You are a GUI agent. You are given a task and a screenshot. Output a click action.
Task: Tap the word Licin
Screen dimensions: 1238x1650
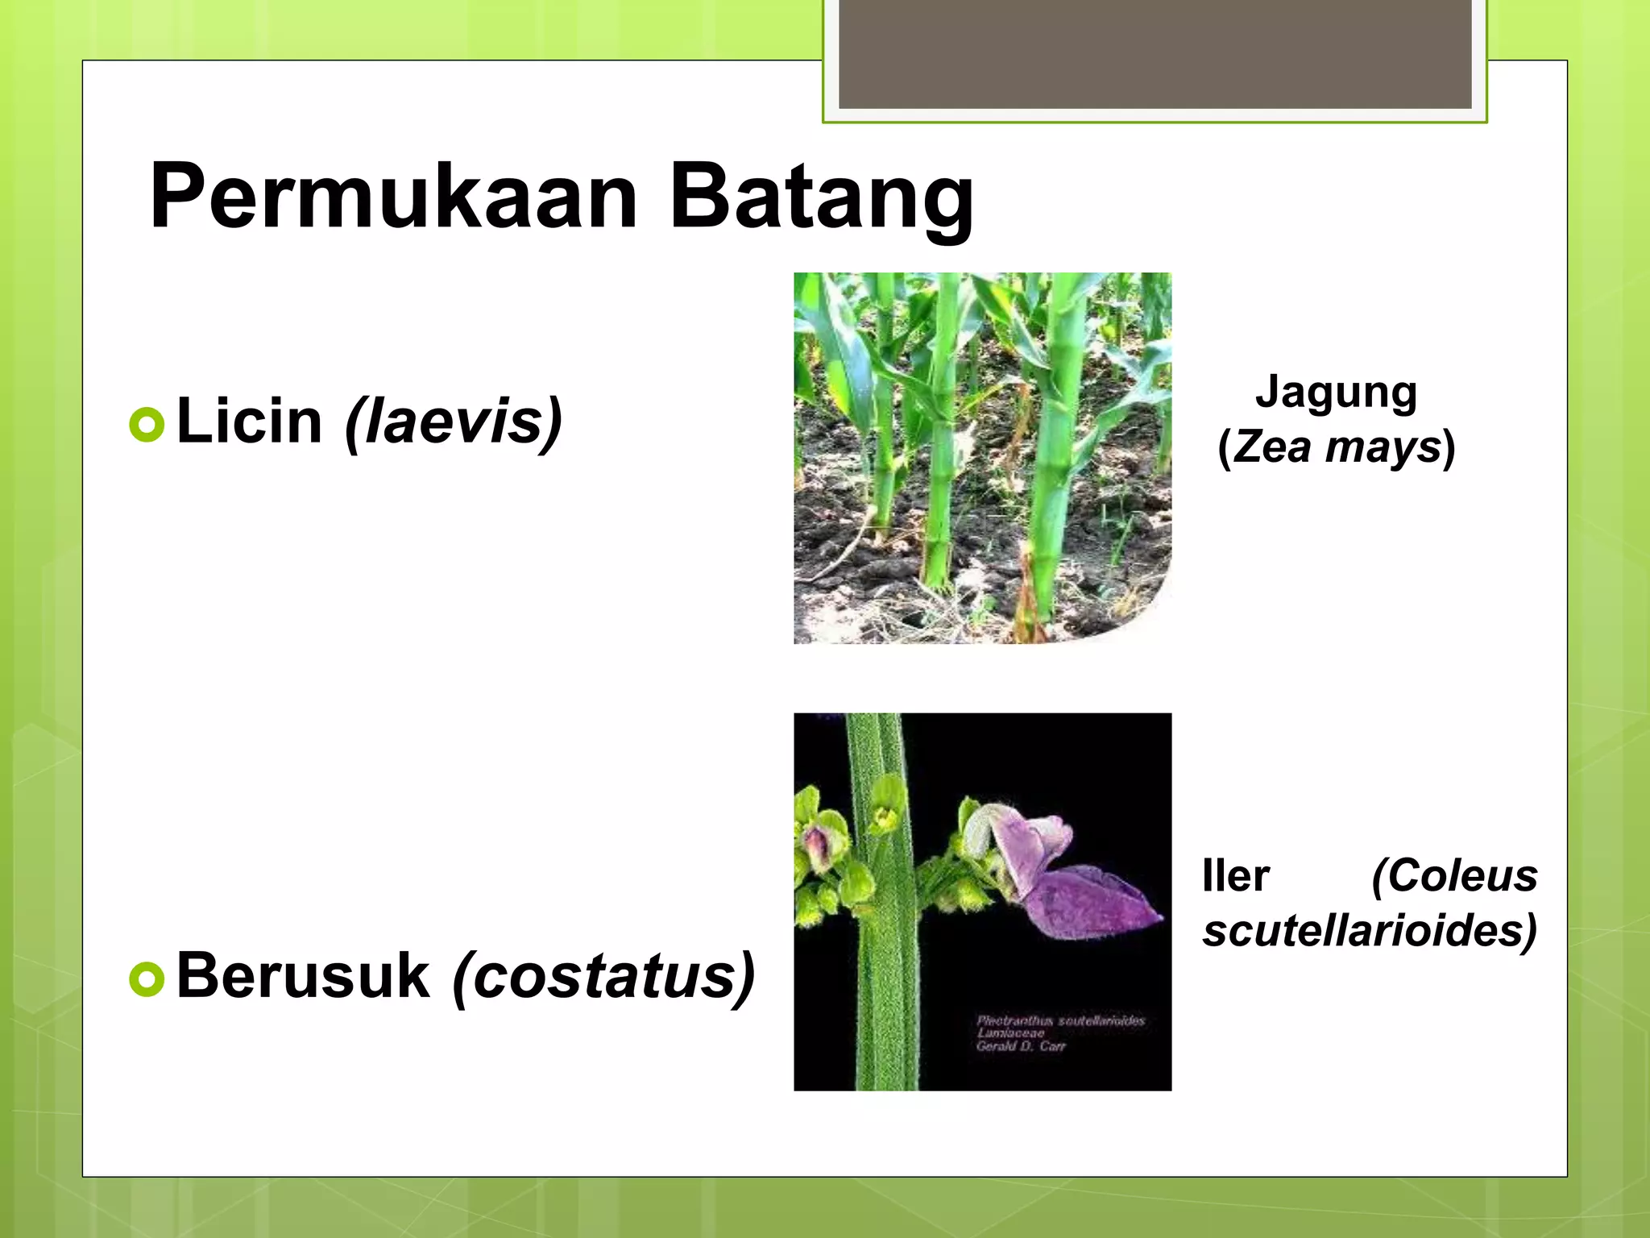249,421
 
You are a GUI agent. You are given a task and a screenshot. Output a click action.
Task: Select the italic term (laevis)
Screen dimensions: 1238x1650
453,421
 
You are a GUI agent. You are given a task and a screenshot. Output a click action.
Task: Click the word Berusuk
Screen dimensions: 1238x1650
303,975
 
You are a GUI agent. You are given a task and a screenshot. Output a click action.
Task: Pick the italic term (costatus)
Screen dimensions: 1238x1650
603,975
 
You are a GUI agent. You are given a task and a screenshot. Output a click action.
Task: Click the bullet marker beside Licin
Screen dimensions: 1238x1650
147,424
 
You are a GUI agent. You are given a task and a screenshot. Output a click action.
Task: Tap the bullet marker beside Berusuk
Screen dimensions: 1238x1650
147,978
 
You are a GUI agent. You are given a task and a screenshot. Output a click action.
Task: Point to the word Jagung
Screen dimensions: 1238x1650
1336,393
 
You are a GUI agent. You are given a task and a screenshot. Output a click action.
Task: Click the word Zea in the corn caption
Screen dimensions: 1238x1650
1271,447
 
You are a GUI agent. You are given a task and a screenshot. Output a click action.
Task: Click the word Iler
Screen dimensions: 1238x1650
1235,876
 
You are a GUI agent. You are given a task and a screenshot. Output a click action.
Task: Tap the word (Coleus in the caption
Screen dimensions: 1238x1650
1454,876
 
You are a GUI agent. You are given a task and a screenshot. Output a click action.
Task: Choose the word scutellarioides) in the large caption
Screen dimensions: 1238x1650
1370,931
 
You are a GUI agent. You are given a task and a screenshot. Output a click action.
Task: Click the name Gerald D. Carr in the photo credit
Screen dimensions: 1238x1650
1020,1046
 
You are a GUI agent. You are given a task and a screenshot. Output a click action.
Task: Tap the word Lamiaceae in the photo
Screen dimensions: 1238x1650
1010,1033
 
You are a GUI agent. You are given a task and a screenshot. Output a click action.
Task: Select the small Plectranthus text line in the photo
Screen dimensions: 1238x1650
1060,1020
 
